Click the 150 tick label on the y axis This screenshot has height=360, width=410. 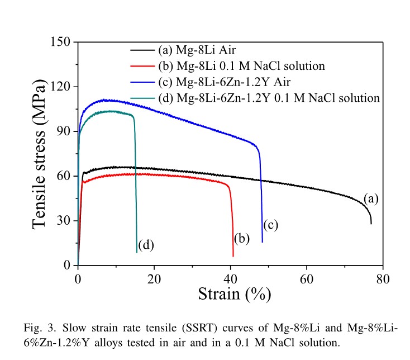pyautogui.click(x=60, y=42)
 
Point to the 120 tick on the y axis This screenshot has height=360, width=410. pyautogui.click(x=60, y=87)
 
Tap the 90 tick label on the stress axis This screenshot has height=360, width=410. pyautogui.click(x=63, y=131)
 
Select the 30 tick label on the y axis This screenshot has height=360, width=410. pyautogui.click(x=63, y=220)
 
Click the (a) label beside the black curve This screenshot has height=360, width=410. pyautogui.click(x=371, y=198)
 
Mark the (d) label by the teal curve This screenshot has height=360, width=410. pyautogui.click(x=146, y=244)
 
